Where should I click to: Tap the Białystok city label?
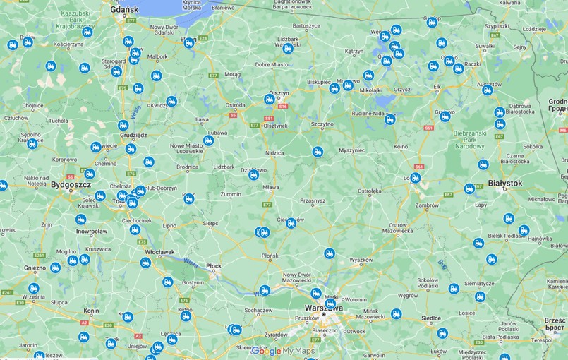(x=504, y=183)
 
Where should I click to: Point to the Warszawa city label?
(x=323, y=308)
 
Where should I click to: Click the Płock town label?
(x=213, y=265)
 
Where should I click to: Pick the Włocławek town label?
(x=159, y=251)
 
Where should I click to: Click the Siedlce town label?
(x=430, y=318)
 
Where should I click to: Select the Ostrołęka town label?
(x=369, y=191)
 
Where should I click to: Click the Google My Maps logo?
(x=283, y=351)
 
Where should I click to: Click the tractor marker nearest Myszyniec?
(x=318, y=152)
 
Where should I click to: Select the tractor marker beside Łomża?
(x=416, y=178)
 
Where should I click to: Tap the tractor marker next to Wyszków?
(x=330, y=253)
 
